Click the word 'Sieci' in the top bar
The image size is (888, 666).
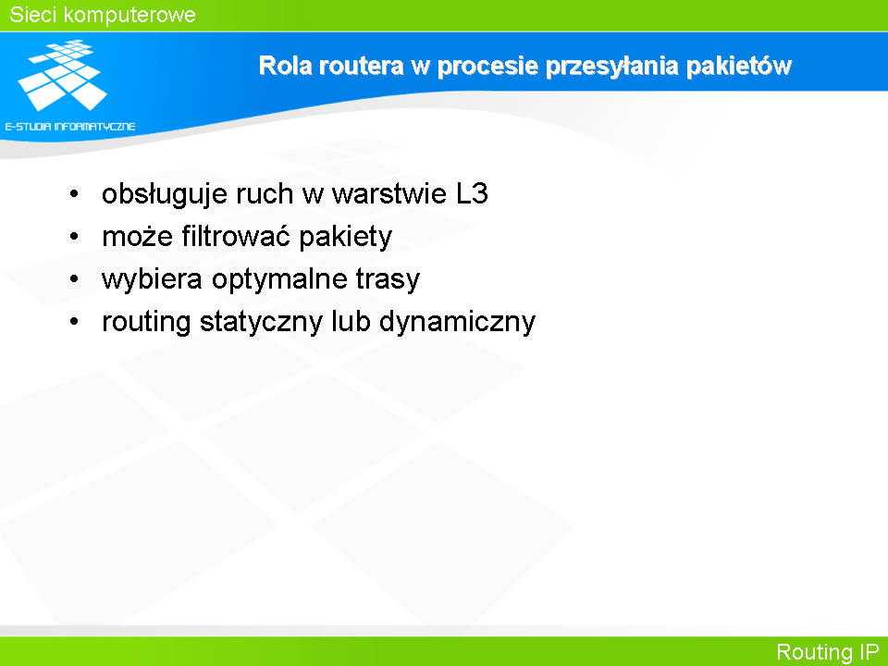(x=31, y=15)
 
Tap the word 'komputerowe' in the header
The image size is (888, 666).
(x=129, y=16)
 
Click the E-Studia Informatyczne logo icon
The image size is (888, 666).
(x=62, y=75)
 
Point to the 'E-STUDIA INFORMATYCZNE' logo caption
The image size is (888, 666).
(x=70, y=127)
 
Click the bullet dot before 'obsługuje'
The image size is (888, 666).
(x=74, y=194)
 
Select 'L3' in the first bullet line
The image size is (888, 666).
(x=472, y=193)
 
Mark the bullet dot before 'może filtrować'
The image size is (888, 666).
(x=74, y=237)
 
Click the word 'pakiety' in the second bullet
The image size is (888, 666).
(x=345, y=237)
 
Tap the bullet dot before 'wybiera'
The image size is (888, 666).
(x=74, y=279)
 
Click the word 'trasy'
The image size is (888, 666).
(x=388, y=279)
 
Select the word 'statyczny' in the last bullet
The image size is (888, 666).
(x=261, y=322)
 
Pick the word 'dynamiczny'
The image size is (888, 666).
(x=457, y=322)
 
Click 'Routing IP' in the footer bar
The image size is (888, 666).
(x=827, y=652)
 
